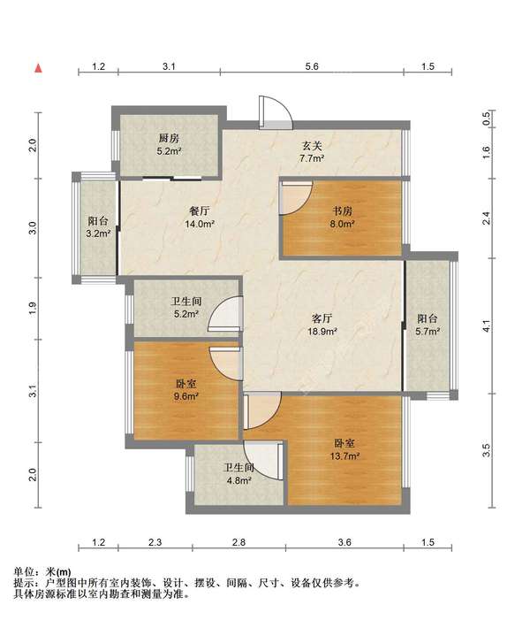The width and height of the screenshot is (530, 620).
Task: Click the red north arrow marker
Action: click(x=38, y=68)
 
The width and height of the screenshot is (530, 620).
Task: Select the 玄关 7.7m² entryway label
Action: click(x=312, y=152)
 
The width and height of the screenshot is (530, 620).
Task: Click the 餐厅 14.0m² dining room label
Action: click(x=200, y=218)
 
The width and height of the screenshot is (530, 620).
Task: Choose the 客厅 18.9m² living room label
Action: click(x=322, y=325)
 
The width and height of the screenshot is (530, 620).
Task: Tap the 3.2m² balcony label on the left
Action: click(x=98, y=227)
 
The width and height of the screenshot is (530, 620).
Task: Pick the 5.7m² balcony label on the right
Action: click(x=428, y=325)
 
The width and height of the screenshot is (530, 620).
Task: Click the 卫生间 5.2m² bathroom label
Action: click(x=186, y=308)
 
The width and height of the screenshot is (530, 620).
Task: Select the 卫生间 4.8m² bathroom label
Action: click(x=238, y=474)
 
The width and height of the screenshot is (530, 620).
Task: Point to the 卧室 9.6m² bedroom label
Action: click(x=186, y=389)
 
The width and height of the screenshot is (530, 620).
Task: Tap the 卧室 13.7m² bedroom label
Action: click(x=344, y=449)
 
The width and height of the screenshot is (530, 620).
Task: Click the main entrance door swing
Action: click(x=276, y=112)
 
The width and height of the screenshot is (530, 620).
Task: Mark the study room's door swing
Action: click(x=296, y=198)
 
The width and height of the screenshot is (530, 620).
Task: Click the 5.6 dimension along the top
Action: click(x=312, y=66)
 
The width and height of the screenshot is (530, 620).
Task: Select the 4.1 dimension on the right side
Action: click(x=487, y=325)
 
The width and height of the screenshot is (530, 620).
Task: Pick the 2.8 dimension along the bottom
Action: click(x=238, y=542)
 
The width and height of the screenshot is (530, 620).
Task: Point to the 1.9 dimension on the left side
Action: click(x=33, y=308)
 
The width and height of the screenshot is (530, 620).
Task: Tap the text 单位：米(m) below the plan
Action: click(x=42, y=571)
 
